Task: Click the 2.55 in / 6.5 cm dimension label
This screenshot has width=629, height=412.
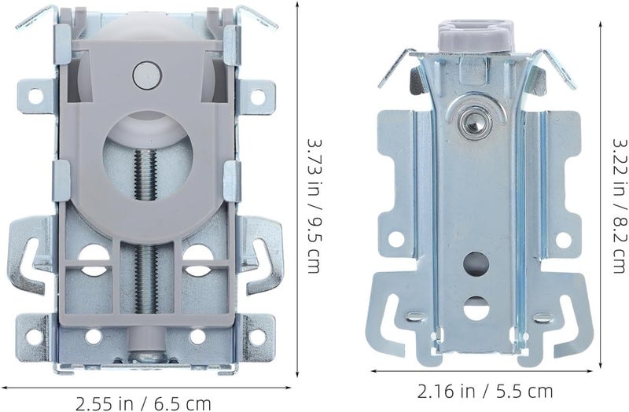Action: click(x=143, y=403)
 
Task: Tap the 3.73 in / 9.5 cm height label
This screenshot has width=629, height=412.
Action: click(x=314, y=206)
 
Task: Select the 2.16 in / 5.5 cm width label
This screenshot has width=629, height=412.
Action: click(x=485, y=391)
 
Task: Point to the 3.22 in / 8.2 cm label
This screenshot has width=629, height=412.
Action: click(x=620, y=206)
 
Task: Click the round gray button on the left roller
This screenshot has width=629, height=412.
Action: click(x=147, y=75)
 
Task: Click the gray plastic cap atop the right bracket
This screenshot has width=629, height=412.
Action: click(x=476, y=36)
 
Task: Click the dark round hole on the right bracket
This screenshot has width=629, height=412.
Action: click(x=476, y=264)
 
